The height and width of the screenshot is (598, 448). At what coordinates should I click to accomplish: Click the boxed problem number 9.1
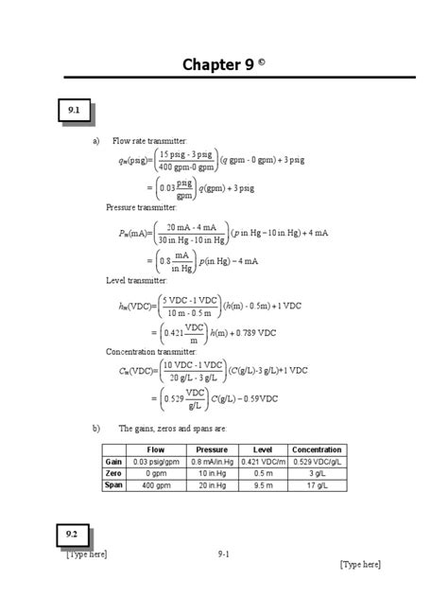(72, 112)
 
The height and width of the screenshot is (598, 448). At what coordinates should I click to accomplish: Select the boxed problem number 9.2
(72, 536)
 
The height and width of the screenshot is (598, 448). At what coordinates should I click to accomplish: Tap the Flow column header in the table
(156, 449)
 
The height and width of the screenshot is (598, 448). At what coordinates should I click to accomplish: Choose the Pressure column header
(211, 449)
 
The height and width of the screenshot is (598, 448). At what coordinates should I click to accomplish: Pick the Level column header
(263, 449)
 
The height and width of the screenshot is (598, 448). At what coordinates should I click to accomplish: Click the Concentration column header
(317, 449)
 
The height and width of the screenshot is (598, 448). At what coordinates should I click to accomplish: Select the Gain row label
(114, 461)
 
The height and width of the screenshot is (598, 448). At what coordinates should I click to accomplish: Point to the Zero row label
(114, 473)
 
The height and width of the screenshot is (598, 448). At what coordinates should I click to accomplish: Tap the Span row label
(114, 484)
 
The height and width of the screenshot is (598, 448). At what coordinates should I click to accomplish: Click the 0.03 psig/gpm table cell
(156, 461)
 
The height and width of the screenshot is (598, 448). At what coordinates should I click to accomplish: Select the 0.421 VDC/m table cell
(263, 461)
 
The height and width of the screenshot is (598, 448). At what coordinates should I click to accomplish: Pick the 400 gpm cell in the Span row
(156, 484)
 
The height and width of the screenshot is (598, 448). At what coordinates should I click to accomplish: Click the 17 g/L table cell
(317, 484)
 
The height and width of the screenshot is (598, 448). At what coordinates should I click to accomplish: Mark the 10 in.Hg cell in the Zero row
(211, 473)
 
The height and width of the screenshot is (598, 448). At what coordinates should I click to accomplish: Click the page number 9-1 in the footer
(223, 554)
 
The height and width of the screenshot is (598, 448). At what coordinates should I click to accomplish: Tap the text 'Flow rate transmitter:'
(150, 141)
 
